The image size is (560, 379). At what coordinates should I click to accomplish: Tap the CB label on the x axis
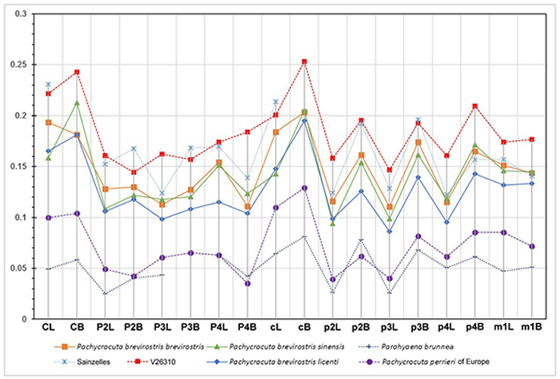coord(76,327)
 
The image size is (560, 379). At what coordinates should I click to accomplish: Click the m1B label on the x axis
coord(533,327)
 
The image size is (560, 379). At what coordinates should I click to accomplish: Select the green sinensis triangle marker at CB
coord(77,103)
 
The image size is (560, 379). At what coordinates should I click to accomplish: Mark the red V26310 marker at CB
coord(77,72)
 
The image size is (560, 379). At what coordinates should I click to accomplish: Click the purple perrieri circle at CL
coord(48,217)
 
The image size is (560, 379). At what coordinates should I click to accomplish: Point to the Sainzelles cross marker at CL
coord(48,84)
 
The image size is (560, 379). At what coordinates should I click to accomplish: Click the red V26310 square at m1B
coord(532,140)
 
